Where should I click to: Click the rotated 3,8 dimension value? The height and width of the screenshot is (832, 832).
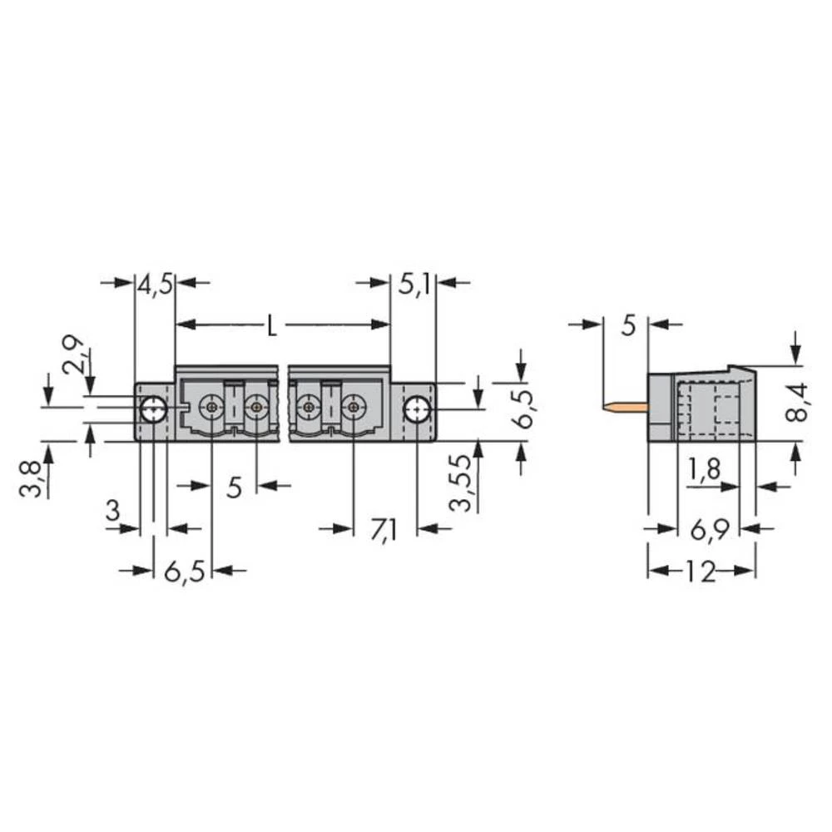point(31,476)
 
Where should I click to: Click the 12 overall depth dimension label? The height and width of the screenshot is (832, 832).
point(701,572)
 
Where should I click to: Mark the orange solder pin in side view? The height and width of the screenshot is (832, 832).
point(623,408)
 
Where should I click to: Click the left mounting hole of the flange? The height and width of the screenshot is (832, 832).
point(152,409)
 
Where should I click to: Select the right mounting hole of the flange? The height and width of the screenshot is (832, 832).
point(416,409)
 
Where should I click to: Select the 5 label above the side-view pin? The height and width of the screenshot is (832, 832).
point(629,325)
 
